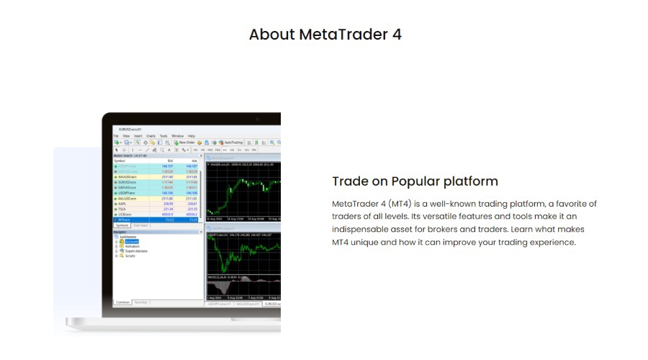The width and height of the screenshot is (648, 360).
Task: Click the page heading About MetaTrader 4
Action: [x=325, y=34]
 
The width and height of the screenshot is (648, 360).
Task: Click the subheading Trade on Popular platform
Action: [x=415, y=181]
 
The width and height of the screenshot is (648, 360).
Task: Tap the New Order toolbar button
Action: [x=184, y=143]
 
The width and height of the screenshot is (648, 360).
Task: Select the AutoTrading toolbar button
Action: [x=231, y=143]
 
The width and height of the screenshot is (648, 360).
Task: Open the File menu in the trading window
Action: [x=116, y=135]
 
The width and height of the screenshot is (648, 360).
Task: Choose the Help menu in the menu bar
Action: [x=192, y=135]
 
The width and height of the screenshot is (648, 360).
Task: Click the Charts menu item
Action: [x=150, y=135]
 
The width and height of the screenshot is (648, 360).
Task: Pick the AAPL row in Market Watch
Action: [x=123, y=203]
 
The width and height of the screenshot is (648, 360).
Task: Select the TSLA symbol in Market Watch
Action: [x=122, y=209]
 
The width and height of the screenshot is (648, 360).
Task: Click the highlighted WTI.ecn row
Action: [x=125, y=220]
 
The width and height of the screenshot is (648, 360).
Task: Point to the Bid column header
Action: [x=170, y=161]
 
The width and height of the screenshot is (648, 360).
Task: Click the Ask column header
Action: [x=193, y=161]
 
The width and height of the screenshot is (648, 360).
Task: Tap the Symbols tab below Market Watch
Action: [x=122, y=225]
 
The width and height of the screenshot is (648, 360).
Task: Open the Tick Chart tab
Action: [x=140, y=225]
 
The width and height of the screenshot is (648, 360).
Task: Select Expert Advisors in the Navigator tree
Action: [x=137, y=251]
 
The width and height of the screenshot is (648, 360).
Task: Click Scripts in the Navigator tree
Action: [x=130, y=256]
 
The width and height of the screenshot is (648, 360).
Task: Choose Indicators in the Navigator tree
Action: [x=132, y=246]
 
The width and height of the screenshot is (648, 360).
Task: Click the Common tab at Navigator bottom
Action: [x=123, y=302]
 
